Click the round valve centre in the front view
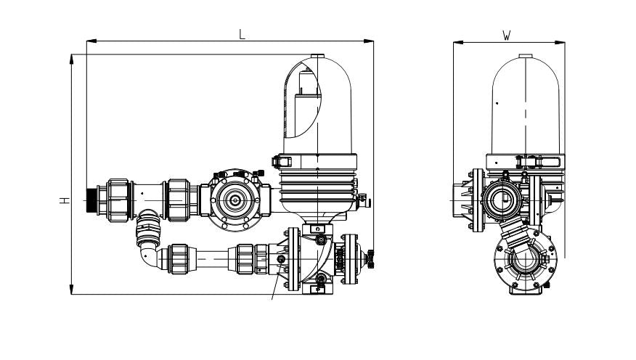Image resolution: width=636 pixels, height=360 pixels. click(235, 199)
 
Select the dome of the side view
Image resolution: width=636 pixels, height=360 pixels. click(525, 105)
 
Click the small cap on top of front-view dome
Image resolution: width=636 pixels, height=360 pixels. click(317, 56)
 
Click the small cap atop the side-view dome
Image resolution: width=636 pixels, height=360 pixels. click(525, 56)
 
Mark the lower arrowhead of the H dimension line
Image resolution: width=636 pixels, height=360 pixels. click(72, 292)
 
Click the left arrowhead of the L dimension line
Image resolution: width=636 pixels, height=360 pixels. click(89, 41)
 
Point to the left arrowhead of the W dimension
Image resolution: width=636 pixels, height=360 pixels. click(457, 41)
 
